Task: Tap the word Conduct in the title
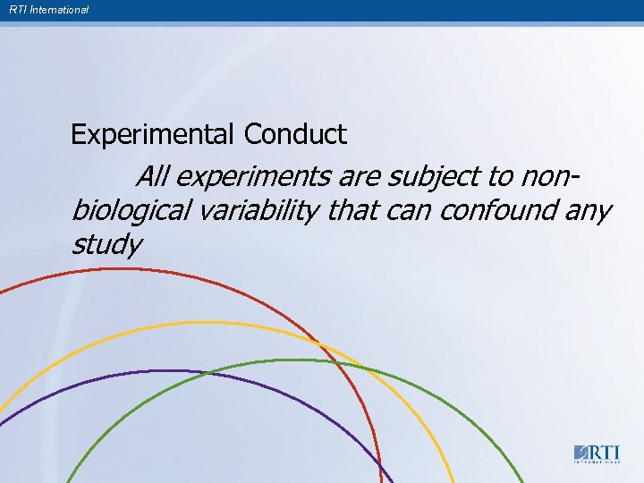click(295, 135)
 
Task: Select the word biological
click(130, 211)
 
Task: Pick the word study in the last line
click(106, 244)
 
